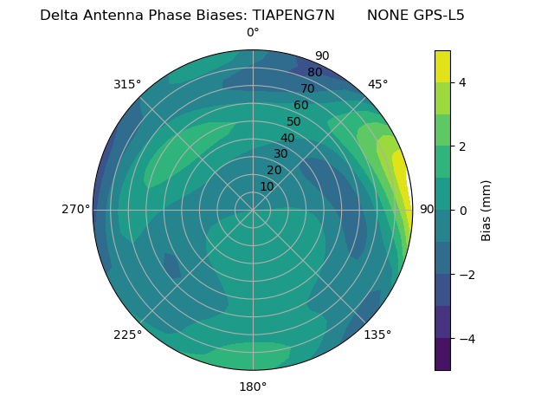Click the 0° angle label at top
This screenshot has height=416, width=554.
253,33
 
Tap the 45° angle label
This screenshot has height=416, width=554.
377,84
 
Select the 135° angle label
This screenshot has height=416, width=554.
377,335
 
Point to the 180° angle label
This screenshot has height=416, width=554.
253,387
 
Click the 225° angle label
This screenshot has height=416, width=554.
127,335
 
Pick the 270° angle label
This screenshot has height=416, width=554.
75,210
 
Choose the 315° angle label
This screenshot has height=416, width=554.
127,84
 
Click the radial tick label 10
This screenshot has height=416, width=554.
267,186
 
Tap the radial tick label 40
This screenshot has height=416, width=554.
287,139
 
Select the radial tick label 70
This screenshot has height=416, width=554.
307,88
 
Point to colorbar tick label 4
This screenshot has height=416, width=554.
462,82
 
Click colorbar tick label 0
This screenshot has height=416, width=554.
462,211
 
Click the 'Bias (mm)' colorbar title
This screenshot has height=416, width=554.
486,210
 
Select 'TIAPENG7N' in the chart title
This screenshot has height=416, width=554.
293,15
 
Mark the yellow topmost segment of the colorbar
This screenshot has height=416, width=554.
442,66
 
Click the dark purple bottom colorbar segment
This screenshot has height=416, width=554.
442,354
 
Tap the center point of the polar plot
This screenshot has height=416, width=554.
253,210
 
